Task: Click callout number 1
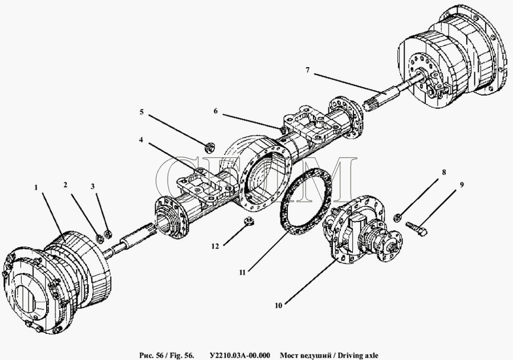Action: pyautogui.click(x=36, y=187)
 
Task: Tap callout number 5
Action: pyautogui.click(x=141, y=112)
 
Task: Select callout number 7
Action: pyautogui.click(x=307, y=70)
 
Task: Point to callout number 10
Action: pyautogui.click(x=278, y=306)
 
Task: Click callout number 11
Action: pyautogui.click(x=242, y=272)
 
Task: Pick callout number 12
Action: pyautogui.click(x=215, y=246)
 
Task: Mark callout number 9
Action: pyautogui.click(x=461, y=185)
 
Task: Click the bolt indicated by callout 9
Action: pyautogui.click(x=416, y=228)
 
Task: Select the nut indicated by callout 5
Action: pyautogui.click(x=209, y=148)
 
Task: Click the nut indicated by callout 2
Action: pyautogui.click(x=99, y=238)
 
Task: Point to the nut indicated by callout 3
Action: pyautogui.click(x=108, y=234)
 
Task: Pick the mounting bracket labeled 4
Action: pyautogui.click(x=205, y=188)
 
